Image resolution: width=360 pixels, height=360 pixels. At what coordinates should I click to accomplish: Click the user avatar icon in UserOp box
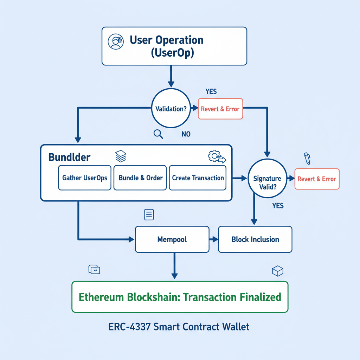point(116,42)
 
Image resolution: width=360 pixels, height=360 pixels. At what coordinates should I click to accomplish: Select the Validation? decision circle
point(171,109)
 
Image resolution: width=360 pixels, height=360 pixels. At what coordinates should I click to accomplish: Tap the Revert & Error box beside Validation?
point(220,109)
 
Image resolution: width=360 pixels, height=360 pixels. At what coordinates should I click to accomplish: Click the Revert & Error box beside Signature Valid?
point(317,179)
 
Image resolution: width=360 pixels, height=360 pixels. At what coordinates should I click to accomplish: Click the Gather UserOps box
point(84,178)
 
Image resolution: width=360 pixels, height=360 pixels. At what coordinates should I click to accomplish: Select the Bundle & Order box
point(141,178)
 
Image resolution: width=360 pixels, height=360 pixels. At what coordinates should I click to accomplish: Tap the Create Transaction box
point(198,178)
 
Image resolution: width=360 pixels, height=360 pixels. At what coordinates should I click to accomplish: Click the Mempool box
point(172,239)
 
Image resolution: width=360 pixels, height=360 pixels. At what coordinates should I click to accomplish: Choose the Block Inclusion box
point(255,239)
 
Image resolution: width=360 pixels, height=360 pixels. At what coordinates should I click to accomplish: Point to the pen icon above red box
point(307,158)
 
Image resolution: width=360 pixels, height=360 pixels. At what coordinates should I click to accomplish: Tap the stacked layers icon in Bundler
point(121,156)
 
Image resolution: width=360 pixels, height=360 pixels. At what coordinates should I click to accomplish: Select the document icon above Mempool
point(149,214)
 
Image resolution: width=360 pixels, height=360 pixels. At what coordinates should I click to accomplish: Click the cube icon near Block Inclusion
point(277,271)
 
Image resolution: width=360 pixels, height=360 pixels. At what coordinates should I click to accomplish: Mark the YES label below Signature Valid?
point(278,206)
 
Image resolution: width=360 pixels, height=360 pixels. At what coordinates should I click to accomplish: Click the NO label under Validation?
point(186,134)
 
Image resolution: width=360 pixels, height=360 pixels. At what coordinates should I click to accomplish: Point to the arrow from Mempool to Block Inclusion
point(213,239)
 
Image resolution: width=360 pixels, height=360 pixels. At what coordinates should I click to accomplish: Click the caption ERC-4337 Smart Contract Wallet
point(179,327)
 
